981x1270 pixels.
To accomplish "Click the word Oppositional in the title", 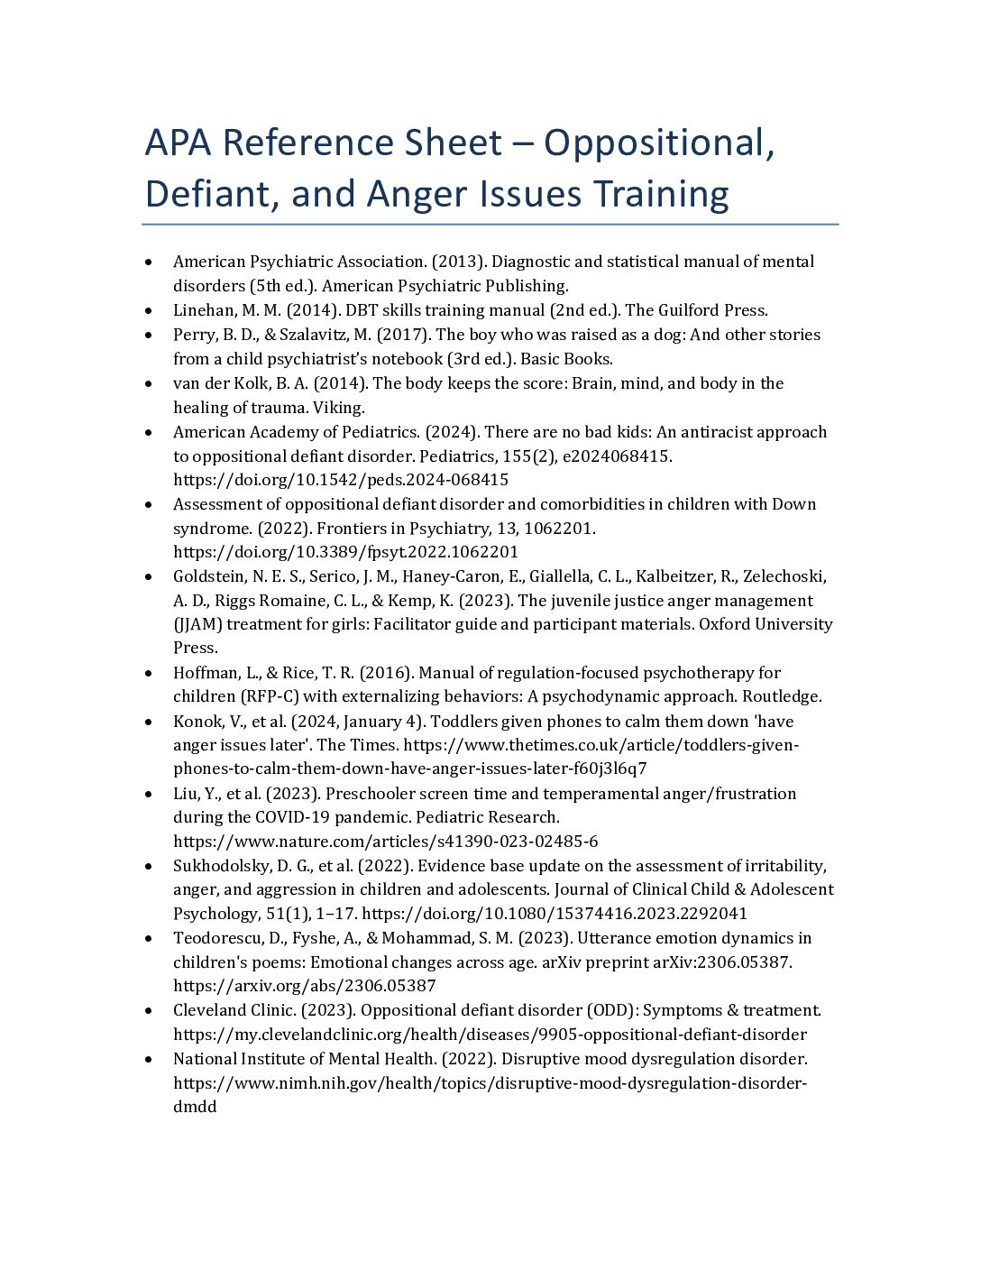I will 658,143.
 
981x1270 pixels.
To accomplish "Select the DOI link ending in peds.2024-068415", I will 341,480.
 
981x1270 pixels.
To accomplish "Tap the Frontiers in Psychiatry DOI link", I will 345,552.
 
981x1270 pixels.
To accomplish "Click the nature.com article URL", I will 385,842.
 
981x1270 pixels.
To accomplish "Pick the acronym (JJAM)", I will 199,624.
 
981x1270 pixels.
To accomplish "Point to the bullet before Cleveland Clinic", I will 149,1010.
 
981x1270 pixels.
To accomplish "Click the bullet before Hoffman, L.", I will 149,673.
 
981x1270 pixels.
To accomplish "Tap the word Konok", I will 197,722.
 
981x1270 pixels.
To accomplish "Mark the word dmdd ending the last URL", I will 195,1107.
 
